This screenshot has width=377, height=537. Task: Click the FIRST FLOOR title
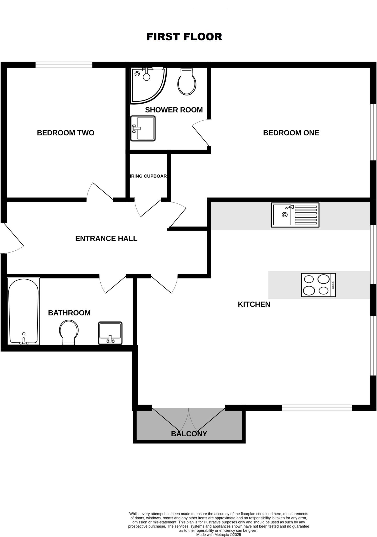(x=184, y=37)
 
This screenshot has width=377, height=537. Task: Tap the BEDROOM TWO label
(x=65, y=133)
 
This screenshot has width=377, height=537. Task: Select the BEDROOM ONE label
(x=291, y=133)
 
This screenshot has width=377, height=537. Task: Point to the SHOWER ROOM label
(x=174, y=110)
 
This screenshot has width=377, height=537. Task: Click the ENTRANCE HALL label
(x=106, y=239)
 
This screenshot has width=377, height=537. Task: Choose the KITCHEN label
(x=254, y=304)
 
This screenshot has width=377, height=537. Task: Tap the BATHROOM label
(x=69, y=313)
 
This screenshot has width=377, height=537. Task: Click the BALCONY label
(x=189, y=434)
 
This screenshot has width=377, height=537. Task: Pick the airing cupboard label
(x=148, y=176)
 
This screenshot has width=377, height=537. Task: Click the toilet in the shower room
(x=187, y=82)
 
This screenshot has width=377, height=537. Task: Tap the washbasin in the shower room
(x=143, y=128)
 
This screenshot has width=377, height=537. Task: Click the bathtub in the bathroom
(x=24, y=311)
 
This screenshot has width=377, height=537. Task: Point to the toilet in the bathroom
(x=69, y=332)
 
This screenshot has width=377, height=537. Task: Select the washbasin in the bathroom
(x=110, y=333)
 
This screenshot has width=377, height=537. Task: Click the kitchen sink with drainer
(x=295, y=215)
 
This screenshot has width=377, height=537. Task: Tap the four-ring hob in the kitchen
(x=318, y=285)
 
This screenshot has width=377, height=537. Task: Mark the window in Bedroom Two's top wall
(x=64, y=65)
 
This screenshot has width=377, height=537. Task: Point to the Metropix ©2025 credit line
(x=218, y=535)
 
